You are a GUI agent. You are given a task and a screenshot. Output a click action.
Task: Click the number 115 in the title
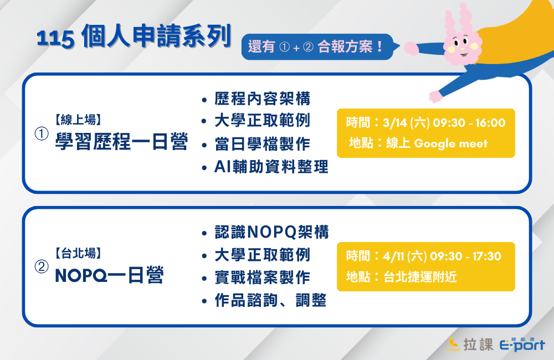[x=55, y=38]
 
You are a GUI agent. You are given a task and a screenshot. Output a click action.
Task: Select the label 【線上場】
[x=78, y=120]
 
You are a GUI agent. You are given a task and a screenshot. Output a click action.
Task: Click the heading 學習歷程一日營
[x=121, y=142]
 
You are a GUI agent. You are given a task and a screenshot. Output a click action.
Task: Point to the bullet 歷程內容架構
[x=262, y=99]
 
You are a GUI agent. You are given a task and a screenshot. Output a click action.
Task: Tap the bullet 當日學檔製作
[x=262, y=144]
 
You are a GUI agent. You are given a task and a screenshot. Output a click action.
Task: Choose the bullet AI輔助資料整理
[x=271, y=167]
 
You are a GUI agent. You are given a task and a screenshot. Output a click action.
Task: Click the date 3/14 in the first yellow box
[x=394, y=123]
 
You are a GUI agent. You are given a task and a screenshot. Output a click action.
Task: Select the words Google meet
[x=450, y=143]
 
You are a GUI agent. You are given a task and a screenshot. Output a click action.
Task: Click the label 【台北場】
[x=78, y=253]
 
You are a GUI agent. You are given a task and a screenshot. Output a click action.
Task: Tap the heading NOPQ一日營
[x=110, y=275]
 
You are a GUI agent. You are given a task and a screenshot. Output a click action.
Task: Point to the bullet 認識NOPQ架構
[x=271, y=233]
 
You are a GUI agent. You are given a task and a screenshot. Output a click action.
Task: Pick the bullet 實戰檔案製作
[x=262, y=277]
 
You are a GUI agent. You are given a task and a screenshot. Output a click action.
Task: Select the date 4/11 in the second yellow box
[x=393, y=256]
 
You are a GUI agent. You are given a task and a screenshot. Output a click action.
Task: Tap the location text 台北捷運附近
[x=420, y=276]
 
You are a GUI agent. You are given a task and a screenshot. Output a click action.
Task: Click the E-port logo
[x=522, y=344]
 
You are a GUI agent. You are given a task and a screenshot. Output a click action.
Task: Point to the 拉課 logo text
[x=479, y=344]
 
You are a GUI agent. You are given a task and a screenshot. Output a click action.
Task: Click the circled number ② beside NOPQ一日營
[x=42, y=267]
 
